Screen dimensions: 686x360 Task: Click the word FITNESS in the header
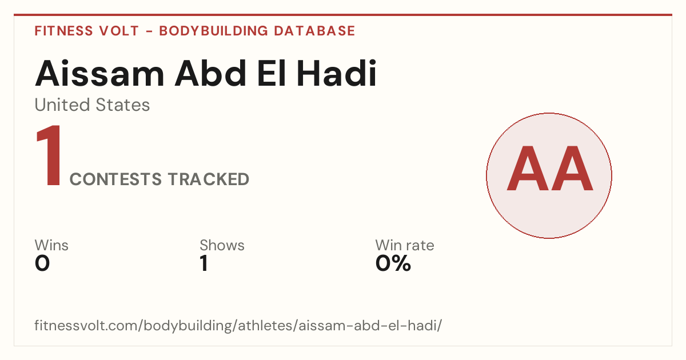pyautogui.click(x=63, y=31)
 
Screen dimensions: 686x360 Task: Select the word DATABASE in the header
pyautogui.click(x=314, y=31)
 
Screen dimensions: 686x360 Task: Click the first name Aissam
pyautogui.click(x=99, y=74)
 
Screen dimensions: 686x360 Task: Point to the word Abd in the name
pyautogui.click(x=210, y=74)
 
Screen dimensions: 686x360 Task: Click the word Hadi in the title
pyautogui.click(x=337, y=74)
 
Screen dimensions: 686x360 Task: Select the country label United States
pyautogui.click(x=92, y=105)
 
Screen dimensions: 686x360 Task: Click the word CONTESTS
pyautogui.click(x=115, y=179)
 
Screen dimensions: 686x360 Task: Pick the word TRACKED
pyautogui.click(x=209, y=179)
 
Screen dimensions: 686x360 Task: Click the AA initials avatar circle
pyautogui.click(x=549, y=175)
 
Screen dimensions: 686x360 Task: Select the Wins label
pyautogui.click(x=51, y=245)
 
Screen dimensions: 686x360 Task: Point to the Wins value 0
pyautogui.click(x=42, y=263)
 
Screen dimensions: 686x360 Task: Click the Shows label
pyautogui.click(x=222, y=245)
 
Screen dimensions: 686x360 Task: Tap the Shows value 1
pyautogui.click(x=204, y=263)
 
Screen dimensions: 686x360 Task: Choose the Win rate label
pyautogui.click(x=405, y=245)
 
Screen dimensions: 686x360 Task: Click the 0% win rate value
pyautogui.click(x=393, y=263)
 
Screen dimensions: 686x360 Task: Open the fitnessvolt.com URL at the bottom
pyautogui.click(x=238, y=325)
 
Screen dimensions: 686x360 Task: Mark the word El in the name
pyautogui.click(x=272, y=74)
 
